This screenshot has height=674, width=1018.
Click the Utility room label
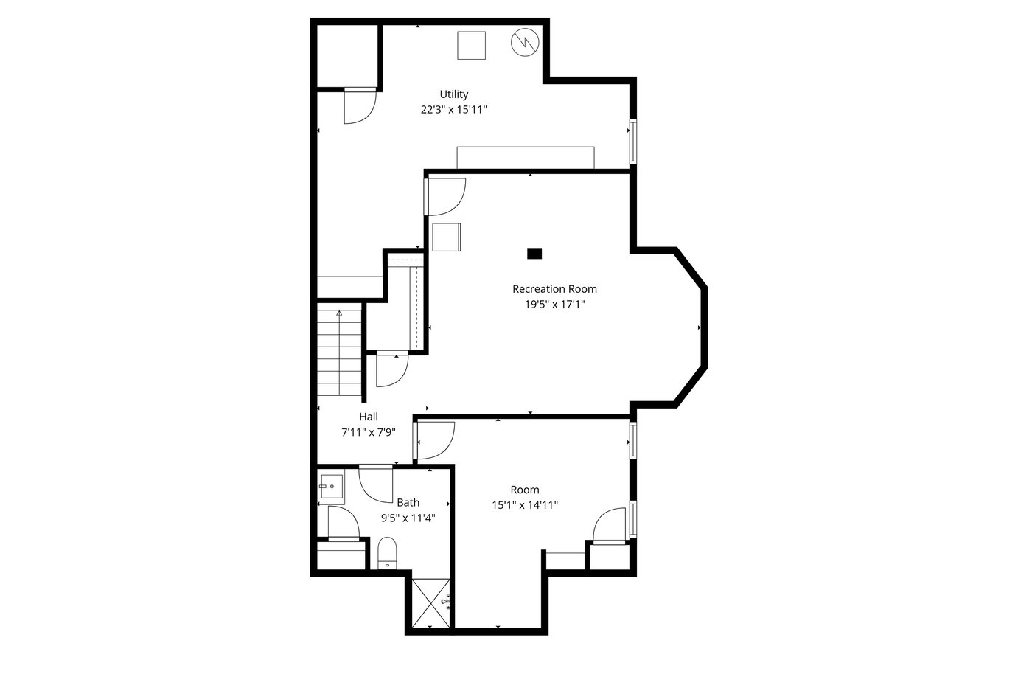pos(453,94)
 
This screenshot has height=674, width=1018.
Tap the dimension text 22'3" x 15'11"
pos(453,110)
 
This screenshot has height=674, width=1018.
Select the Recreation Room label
pos(554,289)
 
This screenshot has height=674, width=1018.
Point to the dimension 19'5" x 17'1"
pos(554,305)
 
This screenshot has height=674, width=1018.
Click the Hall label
pos(369,417)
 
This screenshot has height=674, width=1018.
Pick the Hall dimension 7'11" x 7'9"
pos(369,432)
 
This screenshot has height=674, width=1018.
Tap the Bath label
pos(408,503)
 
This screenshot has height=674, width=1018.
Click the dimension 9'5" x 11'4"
pos(408,518)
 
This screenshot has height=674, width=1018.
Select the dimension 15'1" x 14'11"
pos(525,505)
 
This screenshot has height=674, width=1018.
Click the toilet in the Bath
pos(387,553)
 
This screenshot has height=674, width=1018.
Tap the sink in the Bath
pos(332,486)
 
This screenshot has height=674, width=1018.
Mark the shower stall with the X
pos(430,603)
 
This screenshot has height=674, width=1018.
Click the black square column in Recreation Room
pos(534,254)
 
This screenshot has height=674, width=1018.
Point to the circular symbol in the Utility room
pos(525,42)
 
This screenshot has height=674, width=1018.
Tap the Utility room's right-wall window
pos(632,142)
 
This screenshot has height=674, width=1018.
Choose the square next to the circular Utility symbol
pos(471,46)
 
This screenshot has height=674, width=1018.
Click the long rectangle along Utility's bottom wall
pos(526,158)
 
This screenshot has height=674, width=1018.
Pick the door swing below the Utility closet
pos(360,107)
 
